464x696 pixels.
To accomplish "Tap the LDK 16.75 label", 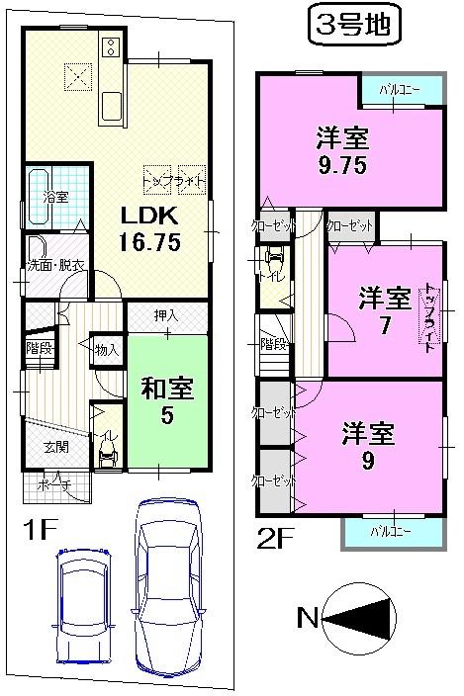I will tap(150, 229).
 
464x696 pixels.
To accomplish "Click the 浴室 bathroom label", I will tap(54, 197).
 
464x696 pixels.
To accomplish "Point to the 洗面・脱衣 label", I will tap(54, 264).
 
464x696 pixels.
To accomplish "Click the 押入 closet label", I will tap(166, 315).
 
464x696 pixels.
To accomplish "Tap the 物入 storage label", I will tap(107, 349).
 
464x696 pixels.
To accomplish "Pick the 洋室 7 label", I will tap(384, 309).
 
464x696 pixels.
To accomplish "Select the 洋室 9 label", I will tap(369, 445).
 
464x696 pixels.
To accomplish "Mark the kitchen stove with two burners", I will tap(109, 45).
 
